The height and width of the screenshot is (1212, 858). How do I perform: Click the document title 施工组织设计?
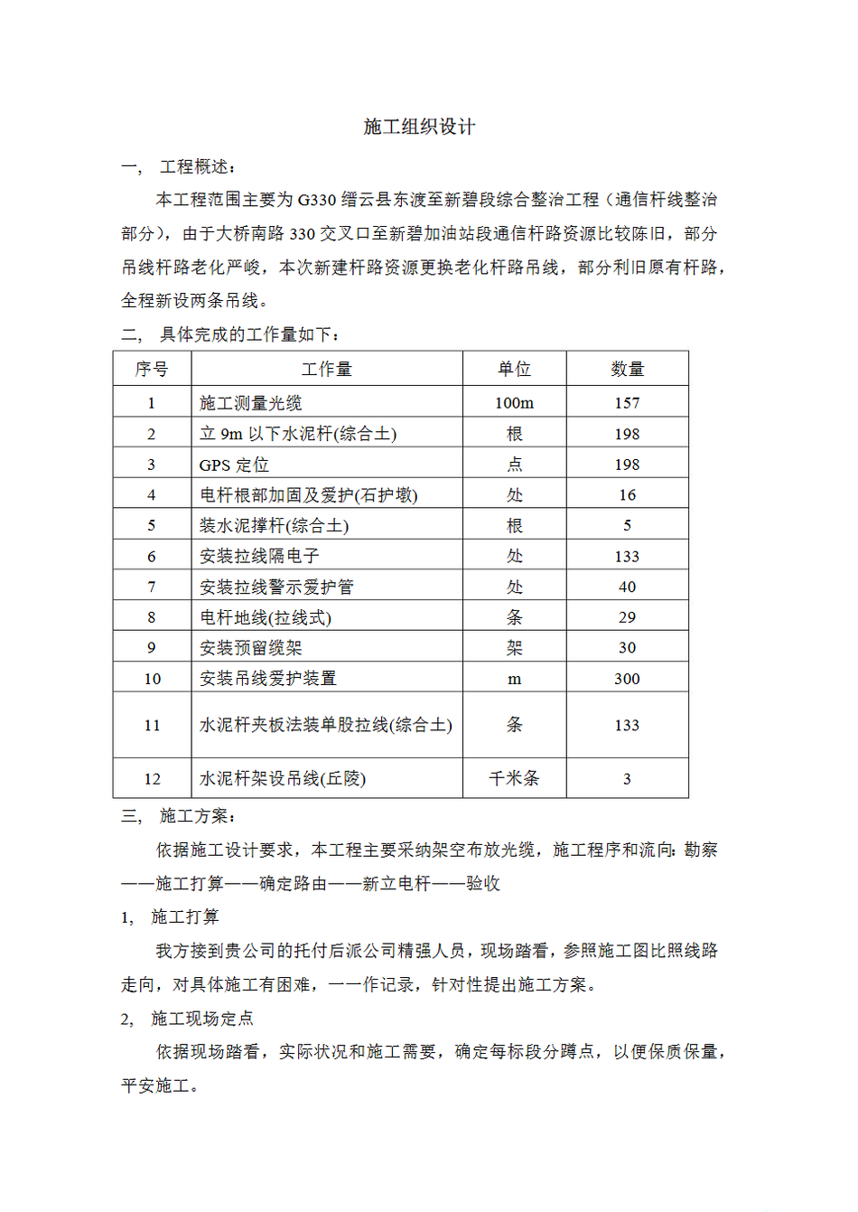coord(419,127)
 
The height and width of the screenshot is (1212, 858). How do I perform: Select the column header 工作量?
coord(326,369)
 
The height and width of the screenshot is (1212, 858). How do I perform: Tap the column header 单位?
coord(514,369)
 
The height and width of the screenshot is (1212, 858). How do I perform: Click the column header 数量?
coord(627,369)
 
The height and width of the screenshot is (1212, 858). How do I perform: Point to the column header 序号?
coord(152,369)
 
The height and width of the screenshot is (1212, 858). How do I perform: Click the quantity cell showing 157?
coord(627,403)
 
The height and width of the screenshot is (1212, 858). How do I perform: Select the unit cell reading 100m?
coord(514,403)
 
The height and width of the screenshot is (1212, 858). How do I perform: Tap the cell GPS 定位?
coord(234,465)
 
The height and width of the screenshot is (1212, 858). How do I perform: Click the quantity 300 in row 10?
coord(627,679)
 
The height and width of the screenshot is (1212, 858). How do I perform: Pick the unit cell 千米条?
coord(514,778)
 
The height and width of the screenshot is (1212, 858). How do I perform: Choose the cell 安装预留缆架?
coord(251,648)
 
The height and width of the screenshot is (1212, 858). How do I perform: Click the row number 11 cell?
coord(152,725)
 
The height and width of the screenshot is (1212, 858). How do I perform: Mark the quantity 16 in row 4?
coord(627,495)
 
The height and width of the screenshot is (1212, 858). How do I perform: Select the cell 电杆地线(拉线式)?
coord(266,617)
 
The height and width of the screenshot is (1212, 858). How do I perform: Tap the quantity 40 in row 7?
coord(627,587)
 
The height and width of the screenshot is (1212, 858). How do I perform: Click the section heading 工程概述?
coord(195,166)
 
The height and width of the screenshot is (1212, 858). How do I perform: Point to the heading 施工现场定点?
coord(202,1019)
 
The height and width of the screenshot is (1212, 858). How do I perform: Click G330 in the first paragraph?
coord(316,200)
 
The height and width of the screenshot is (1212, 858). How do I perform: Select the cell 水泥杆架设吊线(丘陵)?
coord(283,778)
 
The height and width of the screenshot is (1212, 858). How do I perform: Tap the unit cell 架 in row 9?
coord(514,648)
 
